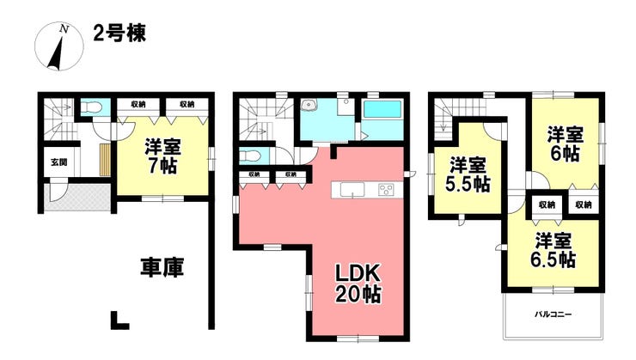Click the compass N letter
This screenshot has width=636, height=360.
pyautogui.click(x=64, y=28)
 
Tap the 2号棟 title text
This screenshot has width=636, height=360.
pyautogui.click(x=119, y=33)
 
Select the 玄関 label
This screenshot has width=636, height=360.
pyautogui.click(x=58, y=162)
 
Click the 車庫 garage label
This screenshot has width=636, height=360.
pyautogui.click(x=162, y=267)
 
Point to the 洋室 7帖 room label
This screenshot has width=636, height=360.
pyautogui.click(x=163, y=156)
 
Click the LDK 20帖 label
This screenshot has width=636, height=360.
pyautogui.click(x=358, y=284)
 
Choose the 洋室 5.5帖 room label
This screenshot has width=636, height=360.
pyautogui.click(x=468, y=175)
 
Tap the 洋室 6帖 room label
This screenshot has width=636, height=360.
pyautogui.click(x=565, y=144)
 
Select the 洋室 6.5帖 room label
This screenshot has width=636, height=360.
pyautogui.click(x=553, y=250)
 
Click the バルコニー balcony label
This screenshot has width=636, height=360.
pyautogui.click(x=553, y=314)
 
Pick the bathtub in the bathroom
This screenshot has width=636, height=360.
pyautogui.click(x=382, y=110)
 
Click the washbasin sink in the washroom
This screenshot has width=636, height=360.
pyautogui.click(x=310, y=106)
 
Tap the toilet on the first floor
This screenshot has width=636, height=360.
pyautogui.click(x=90, y=107)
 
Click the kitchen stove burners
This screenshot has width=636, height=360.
pyautogui.click(x=386, y=190)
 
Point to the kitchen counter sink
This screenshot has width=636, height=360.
pyautogui.click(x=352, y=190)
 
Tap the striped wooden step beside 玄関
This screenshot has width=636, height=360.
pyautogui.click(x=105, y=159)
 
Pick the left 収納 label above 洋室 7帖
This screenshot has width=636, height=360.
pyautogui.click(x=138, y=104)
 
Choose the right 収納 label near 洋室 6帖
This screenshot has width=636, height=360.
pyautogui.click(x=583, y=204)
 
